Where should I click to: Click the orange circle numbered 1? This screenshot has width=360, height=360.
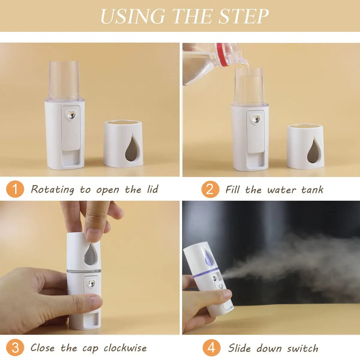tap(15, 190)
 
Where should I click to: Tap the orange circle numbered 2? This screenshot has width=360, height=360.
tap(210, 190)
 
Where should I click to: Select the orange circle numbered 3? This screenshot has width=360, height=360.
tap(15, 348)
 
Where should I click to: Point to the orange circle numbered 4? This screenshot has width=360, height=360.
tap(211, 348)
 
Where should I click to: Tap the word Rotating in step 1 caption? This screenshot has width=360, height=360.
tap(52, 190)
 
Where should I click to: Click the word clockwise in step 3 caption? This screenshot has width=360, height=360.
tap(125, 348)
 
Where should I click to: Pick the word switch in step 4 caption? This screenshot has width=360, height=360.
tap(302, 348)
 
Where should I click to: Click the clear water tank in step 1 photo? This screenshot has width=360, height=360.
tap(64, 79)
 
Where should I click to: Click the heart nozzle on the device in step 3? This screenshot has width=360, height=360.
tap(91, 283)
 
